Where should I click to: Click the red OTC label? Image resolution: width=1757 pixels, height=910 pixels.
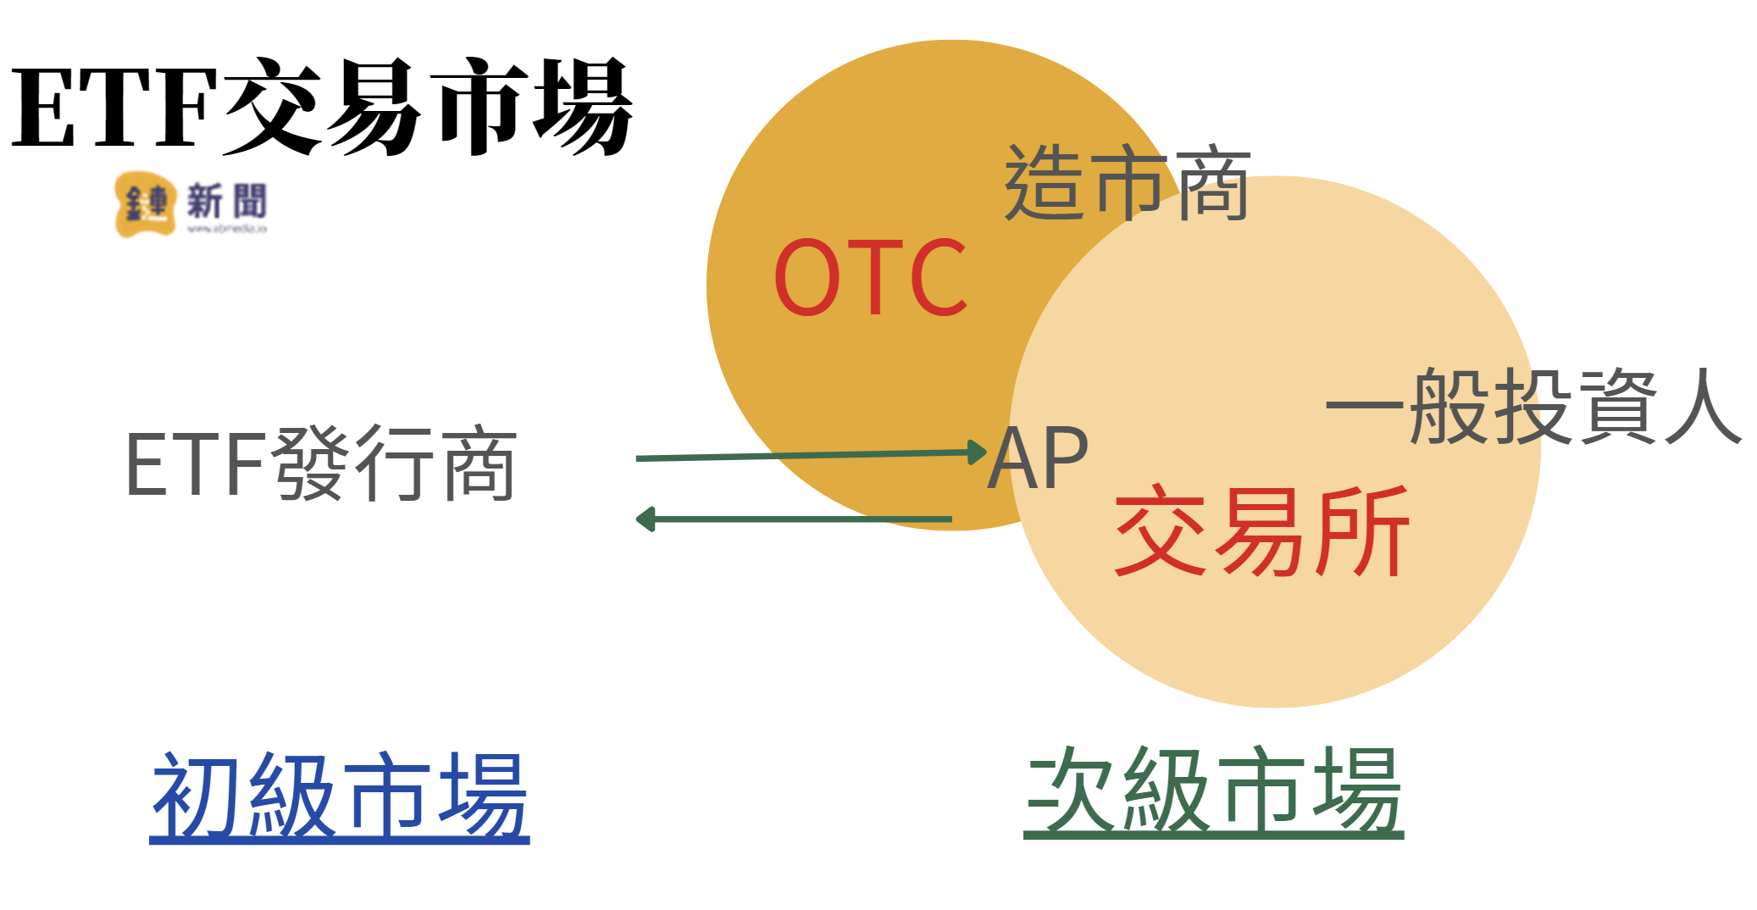tap(870, 277)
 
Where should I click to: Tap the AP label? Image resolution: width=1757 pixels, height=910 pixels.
tap(1038, 458)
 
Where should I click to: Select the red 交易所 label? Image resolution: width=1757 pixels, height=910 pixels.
tap(1261, 531)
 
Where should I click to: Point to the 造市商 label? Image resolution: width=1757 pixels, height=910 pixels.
tap(1127, 182)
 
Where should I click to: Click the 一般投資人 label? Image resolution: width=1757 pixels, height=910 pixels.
tap(1533, 407)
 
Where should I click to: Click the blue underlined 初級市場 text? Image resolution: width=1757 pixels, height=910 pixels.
tap(340, 796)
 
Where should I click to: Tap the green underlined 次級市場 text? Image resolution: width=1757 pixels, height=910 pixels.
tap(1213, 791)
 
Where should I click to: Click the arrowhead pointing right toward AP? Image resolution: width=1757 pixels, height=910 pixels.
tap(978, 452)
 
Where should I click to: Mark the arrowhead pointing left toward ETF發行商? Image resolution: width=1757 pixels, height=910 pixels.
tap(646, 519)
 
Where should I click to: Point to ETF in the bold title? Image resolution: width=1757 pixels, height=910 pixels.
tap(114, 108)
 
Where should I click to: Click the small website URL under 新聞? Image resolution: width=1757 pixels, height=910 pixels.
tap(226, 229)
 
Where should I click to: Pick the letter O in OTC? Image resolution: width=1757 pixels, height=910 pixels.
tap(806, 277)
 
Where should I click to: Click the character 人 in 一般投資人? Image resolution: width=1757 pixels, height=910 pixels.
tap(1703, 407)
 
